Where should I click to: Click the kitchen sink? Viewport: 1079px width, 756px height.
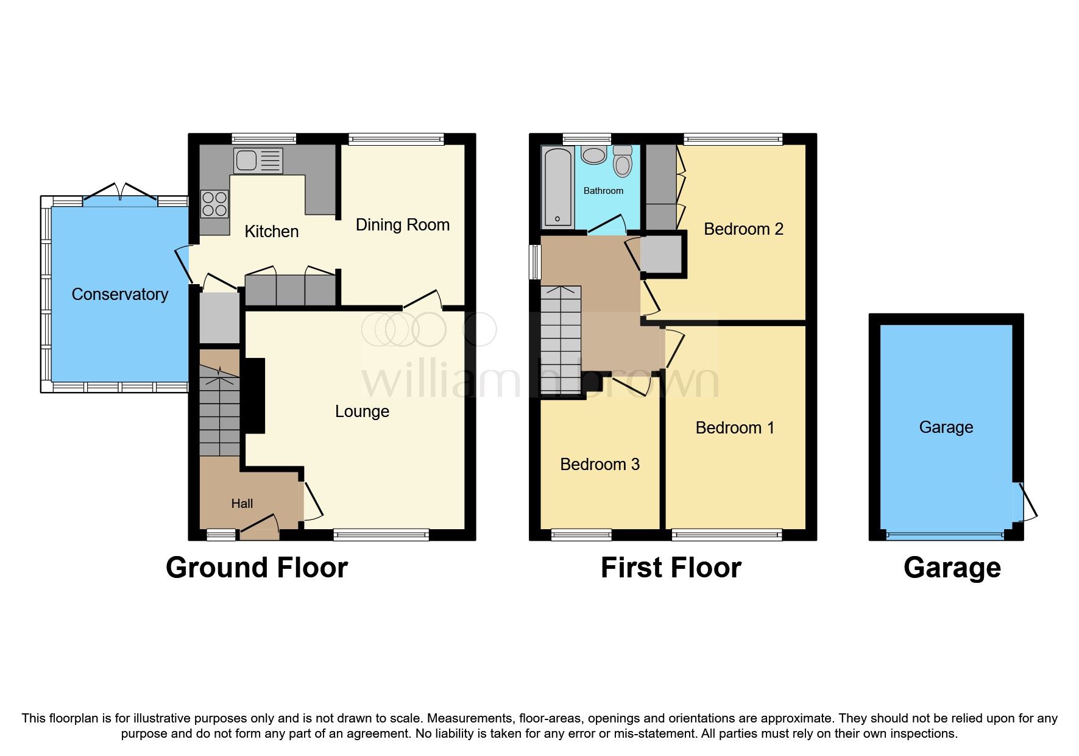(258, 161)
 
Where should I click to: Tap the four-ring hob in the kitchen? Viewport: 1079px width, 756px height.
(214, 204)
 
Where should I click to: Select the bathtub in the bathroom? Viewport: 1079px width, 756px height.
(557, 186)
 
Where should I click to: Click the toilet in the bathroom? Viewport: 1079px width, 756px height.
(622, 162)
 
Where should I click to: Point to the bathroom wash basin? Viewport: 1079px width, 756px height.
(593, 155)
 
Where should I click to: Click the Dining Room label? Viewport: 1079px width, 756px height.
(403, 225)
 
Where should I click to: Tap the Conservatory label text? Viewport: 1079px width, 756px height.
(119, 294)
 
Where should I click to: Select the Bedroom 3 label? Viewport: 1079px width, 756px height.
(600, 465)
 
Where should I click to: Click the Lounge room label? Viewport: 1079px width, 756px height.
(362, 412)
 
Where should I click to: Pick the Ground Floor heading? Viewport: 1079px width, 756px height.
(256, 568)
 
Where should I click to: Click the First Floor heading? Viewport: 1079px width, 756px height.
(671, 568)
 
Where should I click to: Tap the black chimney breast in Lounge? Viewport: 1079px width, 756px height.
(254, 396)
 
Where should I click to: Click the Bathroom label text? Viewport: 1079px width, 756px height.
(603, 191)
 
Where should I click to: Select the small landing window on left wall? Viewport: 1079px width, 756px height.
(534, 262)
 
